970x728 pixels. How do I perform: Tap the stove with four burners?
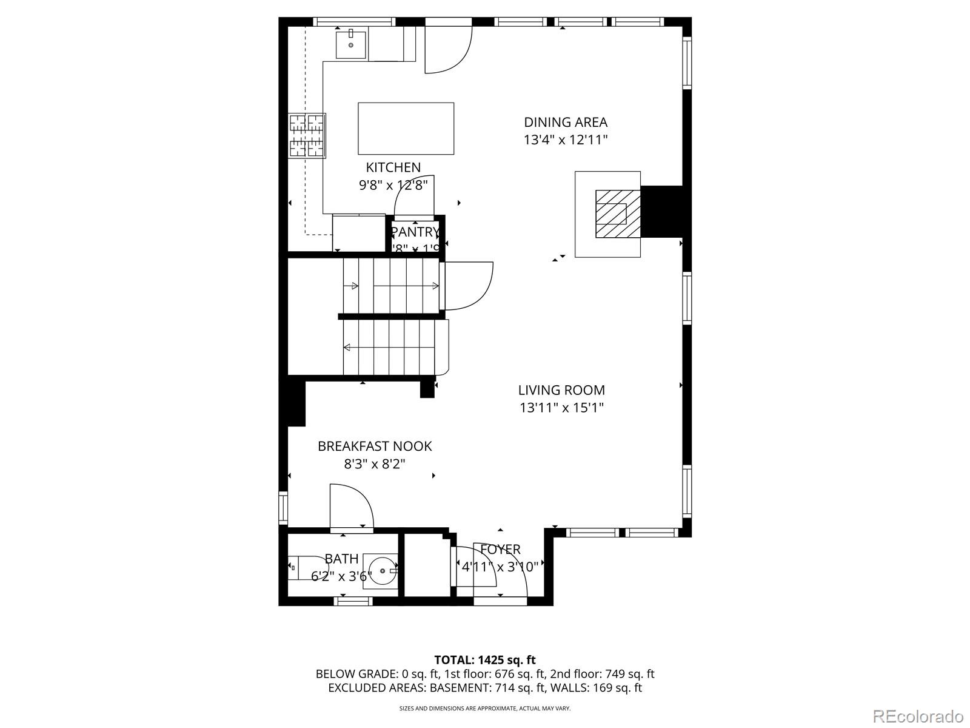pyautogui.click(x=307, y=136)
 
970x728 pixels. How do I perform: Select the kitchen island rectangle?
pyautogui.click(x=406, y=129)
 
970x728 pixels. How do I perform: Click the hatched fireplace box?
pyautogui.click(x=617, y=214)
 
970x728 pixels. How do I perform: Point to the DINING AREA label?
pyautogui.click(x=565, y=123)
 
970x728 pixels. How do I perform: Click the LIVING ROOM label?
pyautogui.click(x=561, y=390)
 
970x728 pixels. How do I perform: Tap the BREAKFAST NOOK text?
pyautogui.click(x=375, y=446)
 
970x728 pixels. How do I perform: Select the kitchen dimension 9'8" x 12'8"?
pyautogui.click(x=393, y=185)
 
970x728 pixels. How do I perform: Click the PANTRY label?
pyautogui.click(x=415, y=232)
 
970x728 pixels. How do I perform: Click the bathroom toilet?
pyautogui.click(x=306, y=567)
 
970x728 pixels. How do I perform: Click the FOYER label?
pyautogui.click(x=500, y=550)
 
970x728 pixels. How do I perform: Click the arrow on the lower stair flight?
pyautogui.click(x=347, y=348)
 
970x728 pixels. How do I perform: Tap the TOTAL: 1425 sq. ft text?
pyautogui.click(x=484, y=659)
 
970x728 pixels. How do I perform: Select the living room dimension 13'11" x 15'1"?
pyautogui.click(x=561, y=408)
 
